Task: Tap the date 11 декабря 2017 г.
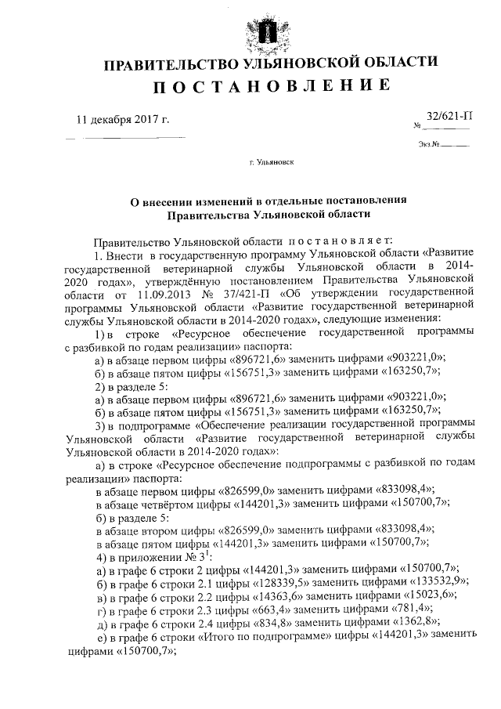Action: (122, 119)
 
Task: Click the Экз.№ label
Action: (427, 144)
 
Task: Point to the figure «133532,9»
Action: (440, 581)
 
